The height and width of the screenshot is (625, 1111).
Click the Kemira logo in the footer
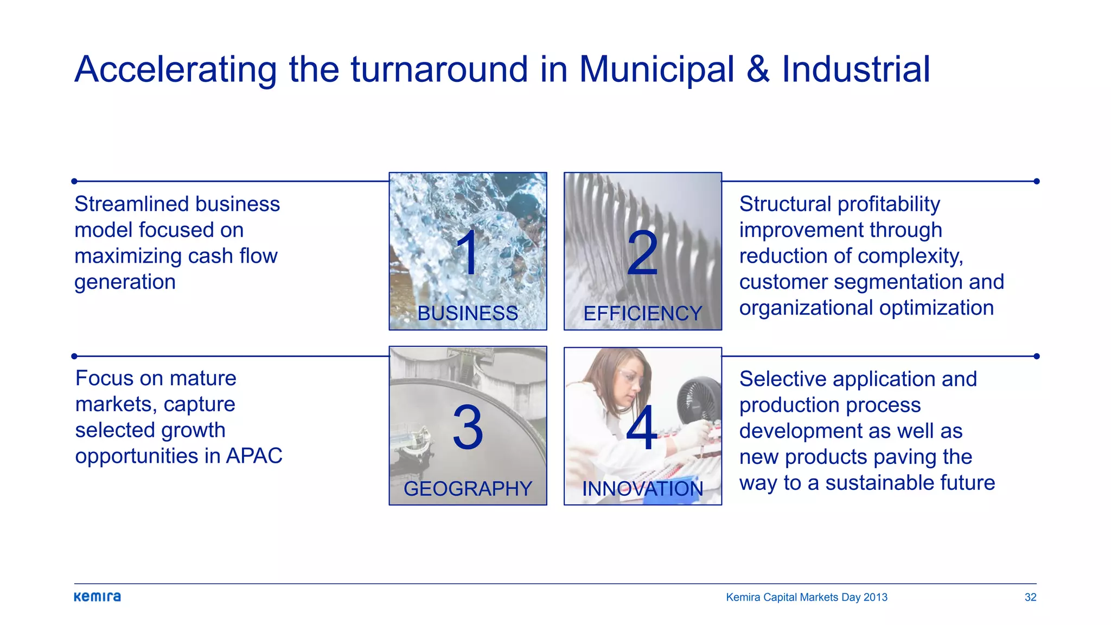coord(97,597)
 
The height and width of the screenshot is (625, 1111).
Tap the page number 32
coord(1030,597)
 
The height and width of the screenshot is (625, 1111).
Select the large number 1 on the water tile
coord(467,252)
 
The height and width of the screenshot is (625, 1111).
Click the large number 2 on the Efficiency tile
coord(642,253)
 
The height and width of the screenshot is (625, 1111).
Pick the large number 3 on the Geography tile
coord(468,428)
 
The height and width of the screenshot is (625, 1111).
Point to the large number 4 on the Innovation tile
coord(642,428)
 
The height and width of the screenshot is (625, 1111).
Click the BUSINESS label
coord(468,314)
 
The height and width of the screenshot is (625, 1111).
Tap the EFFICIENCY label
coord(642,314)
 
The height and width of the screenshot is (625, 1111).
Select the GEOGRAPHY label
coord(468,489)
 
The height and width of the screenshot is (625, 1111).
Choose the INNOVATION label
coord(642,489)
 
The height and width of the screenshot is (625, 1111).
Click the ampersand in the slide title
coord(758,70)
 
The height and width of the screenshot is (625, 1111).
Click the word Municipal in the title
coord(656,70)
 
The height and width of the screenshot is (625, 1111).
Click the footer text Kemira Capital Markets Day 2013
coord(807,597)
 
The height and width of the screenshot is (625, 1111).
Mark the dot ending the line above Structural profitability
coord(1036,181)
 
